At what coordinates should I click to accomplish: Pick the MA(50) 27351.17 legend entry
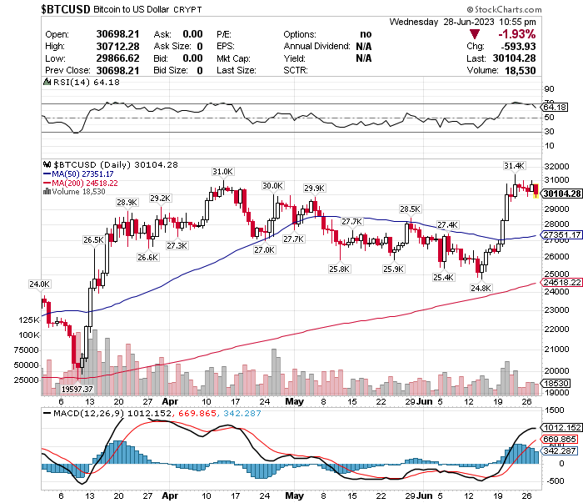(x=88, y=174)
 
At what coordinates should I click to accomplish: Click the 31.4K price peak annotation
(x=514, y=165)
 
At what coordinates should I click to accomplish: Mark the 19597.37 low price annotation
(x=76, y=389)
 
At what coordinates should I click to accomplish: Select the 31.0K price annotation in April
(x=222, y=171)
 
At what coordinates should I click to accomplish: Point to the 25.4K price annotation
(x=443, y=277)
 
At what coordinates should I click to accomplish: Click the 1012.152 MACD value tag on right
(x=561, y=427)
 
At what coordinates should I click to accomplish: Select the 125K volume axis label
(x=29, y=320)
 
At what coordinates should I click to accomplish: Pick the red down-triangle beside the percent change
(x=475, y=34)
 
